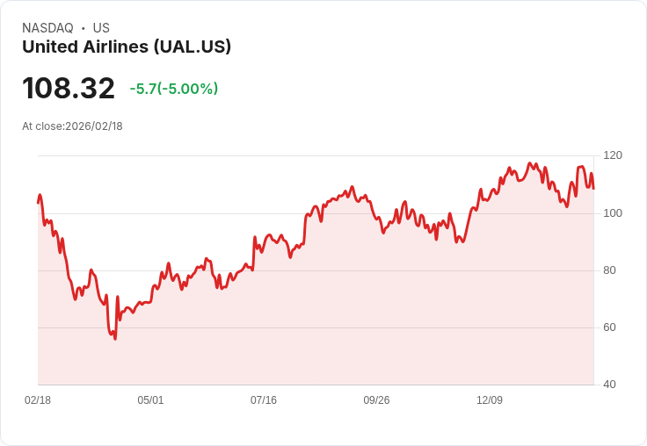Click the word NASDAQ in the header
coord(47,28)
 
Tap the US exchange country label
coord(101,28)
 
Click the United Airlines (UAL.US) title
coord(127,47)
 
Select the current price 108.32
coord(69,88)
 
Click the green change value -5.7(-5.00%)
coord(174,89)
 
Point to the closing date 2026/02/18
coord(94,126)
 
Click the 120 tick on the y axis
coord(613,155)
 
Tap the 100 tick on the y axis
coord(613,212)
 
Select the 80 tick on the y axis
coord(610,270)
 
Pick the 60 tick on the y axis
coord(610,327)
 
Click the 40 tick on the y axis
coord(610,385)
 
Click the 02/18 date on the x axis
coord(38,400)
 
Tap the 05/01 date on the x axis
coord(150,400)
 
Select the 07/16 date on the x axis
coord(264,400)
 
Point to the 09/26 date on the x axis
coord(376,400)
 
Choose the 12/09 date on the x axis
coord(490,400)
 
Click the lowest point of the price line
coord(114,339)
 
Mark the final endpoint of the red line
coord(593,189)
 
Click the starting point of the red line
coord(38,203)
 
